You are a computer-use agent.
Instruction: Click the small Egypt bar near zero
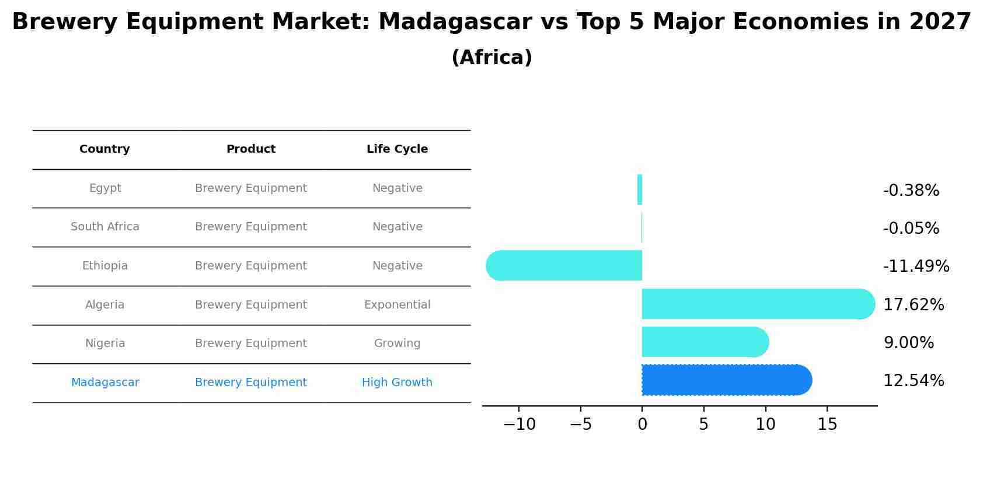pos(640,190)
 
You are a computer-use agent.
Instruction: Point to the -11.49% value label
pos(916,267)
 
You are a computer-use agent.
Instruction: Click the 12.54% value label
pos(913,381)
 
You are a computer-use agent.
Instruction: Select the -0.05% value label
pos(911,229)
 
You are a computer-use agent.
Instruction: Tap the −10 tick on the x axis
pos(519,425)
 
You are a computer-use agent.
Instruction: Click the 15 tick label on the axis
pos(827,425)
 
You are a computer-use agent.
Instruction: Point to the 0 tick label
pos(642,425)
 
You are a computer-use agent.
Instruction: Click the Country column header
pos(104,149)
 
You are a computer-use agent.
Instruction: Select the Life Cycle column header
pos(397,149)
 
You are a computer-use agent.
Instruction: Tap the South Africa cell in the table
pos(105,227)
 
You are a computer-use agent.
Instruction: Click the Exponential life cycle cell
pos(397,305)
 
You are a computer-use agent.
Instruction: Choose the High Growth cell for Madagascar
pos(397,383)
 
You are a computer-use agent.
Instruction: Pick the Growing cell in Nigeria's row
pos(397,344)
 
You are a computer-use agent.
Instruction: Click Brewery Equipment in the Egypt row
pos(251,188)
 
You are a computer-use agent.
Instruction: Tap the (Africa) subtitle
pos(491,58)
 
